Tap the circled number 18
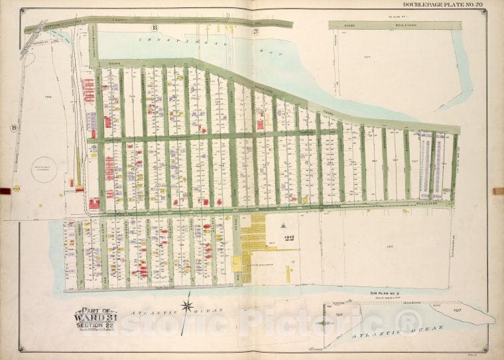point(154,27)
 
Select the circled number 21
point(255,30)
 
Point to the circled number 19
point(13,127)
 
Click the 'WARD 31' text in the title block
point(94,315)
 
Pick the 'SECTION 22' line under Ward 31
point(94,324)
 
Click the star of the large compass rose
point(188,306)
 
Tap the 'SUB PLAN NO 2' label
point(386,292)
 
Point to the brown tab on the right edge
point(498,191)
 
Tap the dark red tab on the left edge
point(5,191)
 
